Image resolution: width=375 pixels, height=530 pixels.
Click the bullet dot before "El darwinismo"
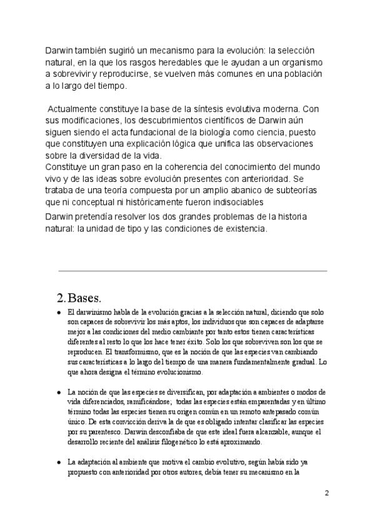(59, 312)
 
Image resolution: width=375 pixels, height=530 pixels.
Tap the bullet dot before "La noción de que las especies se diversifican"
(59, 392)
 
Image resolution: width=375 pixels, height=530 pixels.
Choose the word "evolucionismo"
(169, 372)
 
